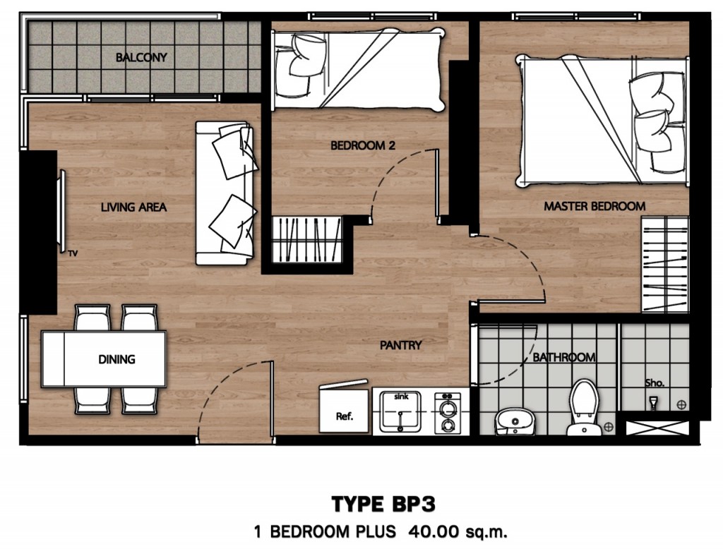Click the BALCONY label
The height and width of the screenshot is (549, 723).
tap(141, 58)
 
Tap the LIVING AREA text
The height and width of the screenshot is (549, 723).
tap(133, 207)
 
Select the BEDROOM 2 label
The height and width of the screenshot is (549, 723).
tap(363, 145)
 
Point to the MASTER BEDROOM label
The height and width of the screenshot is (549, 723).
tap(594, 206)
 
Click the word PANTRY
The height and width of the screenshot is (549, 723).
tap(401, 345)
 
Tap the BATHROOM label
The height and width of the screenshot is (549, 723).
tap(564, 357)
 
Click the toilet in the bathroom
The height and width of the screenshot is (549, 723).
tap(584, 408)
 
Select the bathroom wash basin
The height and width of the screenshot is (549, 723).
tap(515, 422)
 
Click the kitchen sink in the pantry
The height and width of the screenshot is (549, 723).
tap(400, 411)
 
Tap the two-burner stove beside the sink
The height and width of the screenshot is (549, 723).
tap(447, 413)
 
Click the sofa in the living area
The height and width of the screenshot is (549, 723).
tap(225, 193)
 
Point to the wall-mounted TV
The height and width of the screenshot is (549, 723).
tap(61, 211)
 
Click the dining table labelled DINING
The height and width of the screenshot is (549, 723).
tap(104, 359)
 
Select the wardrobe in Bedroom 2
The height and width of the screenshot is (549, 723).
tap(306, 240)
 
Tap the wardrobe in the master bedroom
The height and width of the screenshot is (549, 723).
tap(665, 265)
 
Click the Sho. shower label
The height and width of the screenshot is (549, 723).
tap(655, 383)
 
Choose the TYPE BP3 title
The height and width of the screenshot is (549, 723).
tap(383, 505)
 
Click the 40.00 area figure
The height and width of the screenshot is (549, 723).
tap(434, 532)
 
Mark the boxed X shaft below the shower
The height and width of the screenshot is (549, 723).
tap(657, 428)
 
